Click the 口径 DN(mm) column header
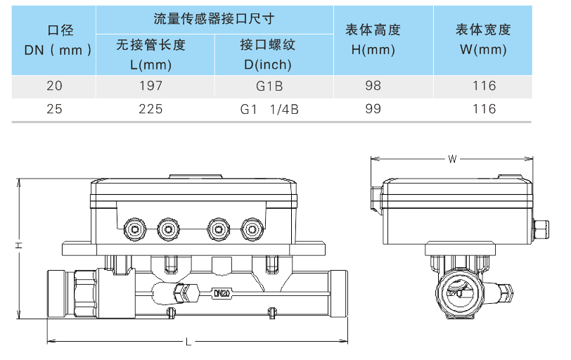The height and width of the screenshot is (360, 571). pos(53,40)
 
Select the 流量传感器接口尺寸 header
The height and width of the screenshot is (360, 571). pos(214,19)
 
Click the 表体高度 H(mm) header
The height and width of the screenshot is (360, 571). pos(373,40)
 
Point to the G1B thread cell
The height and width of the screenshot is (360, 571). pos(267,86)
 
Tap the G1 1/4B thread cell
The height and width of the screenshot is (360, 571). pos(267,109)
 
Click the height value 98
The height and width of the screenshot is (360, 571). pos(373,86)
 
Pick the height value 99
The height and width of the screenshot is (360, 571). pos(373,109)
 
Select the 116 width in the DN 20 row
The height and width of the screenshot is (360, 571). pos(484,86)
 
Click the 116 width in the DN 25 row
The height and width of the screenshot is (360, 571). pos(484,109)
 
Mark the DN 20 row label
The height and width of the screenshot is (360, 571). pos(53,86)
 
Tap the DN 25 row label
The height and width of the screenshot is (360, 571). pos(53,109)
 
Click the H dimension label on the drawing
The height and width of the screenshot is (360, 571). pos(19,245)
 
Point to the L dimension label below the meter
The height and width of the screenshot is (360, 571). pos(188,342)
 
